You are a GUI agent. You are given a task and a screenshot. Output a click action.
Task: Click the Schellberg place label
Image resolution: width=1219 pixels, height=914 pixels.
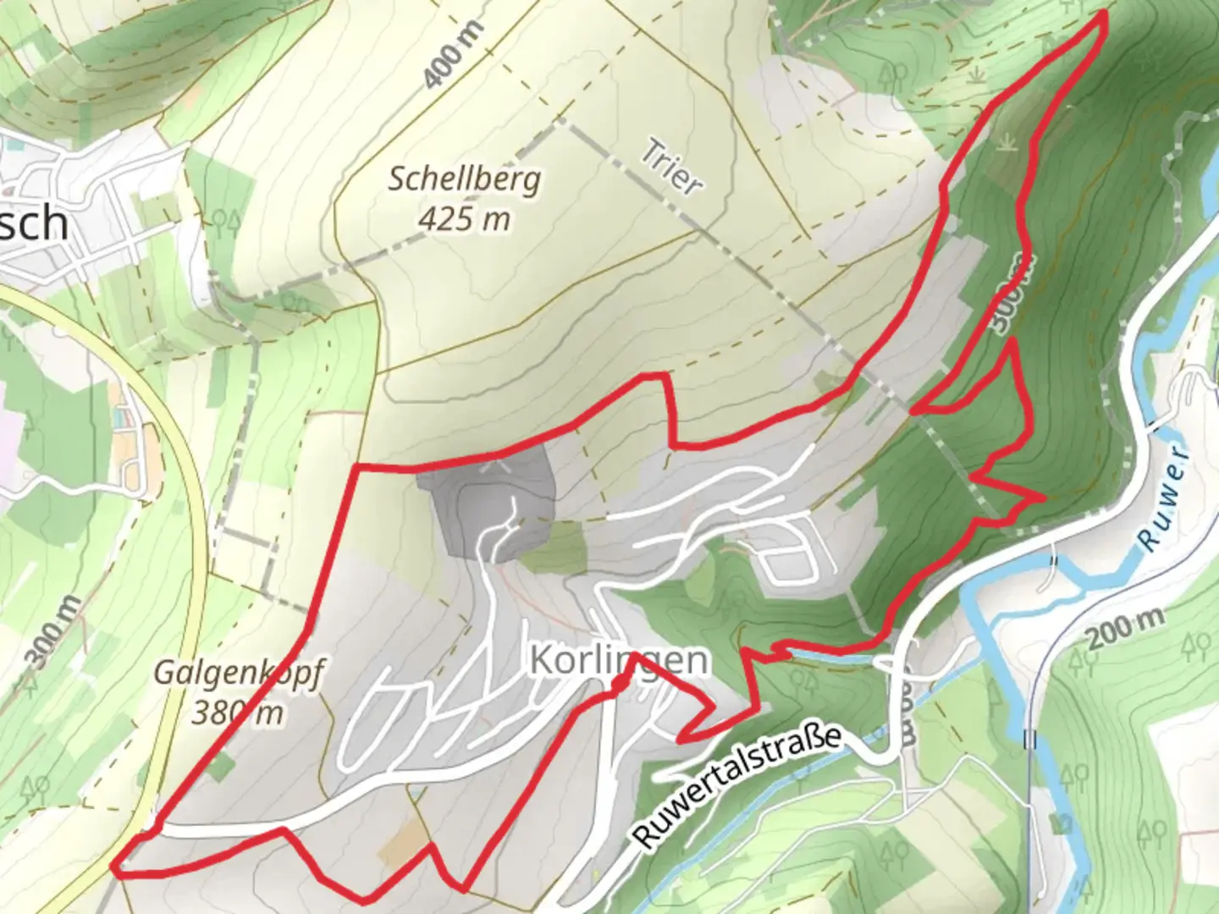(464, 180)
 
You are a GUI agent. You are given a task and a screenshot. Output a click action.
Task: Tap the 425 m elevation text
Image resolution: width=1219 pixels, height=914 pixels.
(465, 219)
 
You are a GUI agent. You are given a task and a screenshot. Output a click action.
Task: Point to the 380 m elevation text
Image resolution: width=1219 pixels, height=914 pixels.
(237, 713)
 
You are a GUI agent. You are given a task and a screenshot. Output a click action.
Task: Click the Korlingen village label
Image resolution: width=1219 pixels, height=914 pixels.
(620, 660)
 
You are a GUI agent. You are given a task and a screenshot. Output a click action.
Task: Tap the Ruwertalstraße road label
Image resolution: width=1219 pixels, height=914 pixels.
(738, 785)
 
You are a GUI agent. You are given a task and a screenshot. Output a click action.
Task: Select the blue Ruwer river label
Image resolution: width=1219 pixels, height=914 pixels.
(1165, 498)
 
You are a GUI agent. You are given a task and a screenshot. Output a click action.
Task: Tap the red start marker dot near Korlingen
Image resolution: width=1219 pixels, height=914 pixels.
(620, 683)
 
